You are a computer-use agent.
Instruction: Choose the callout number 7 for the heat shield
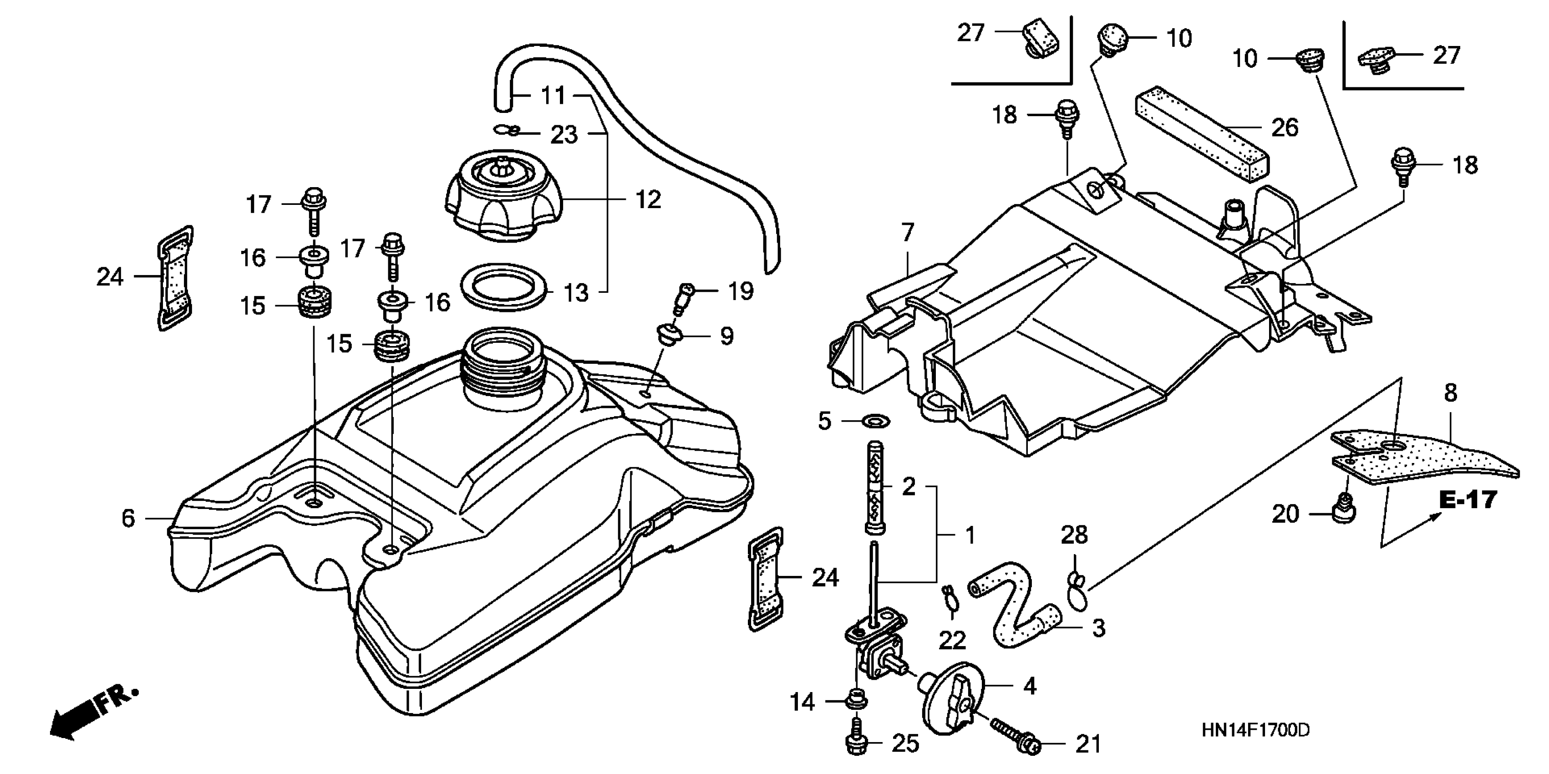pos(907,232)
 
